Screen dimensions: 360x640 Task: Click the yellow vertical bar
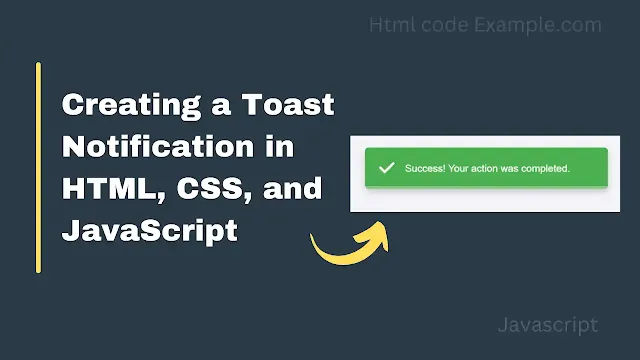point(38,167)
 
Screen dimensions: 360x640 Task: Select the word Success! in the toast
point(424,168)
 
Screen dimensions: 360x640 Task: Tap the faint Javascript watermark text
point(547,324)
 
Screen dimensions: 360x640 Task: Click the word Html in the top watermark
point(389,24)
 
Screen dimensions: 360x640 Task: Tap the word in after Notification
point(308,147)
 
